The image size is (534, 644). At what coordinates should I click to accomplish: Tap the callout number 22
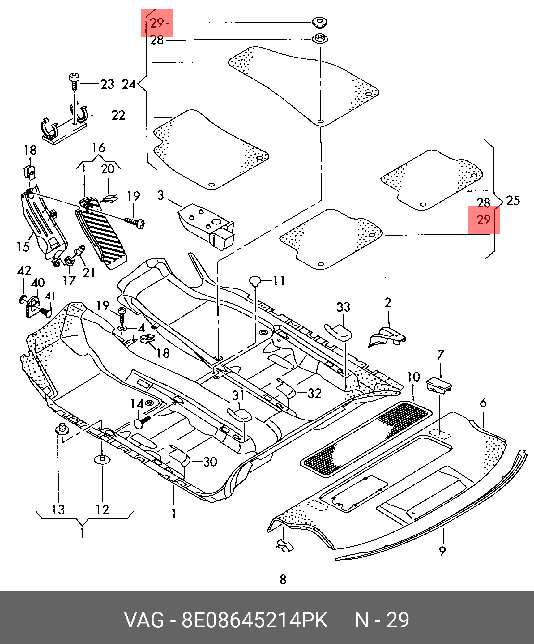[118, 115]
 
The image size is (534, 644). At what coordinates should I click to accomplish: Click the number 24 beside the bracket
[129, 84]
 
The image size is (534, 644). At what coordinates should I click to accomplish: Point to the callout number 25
[513, 201]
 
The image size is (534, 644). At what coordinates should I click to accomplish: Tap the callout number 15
[23, 247]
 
